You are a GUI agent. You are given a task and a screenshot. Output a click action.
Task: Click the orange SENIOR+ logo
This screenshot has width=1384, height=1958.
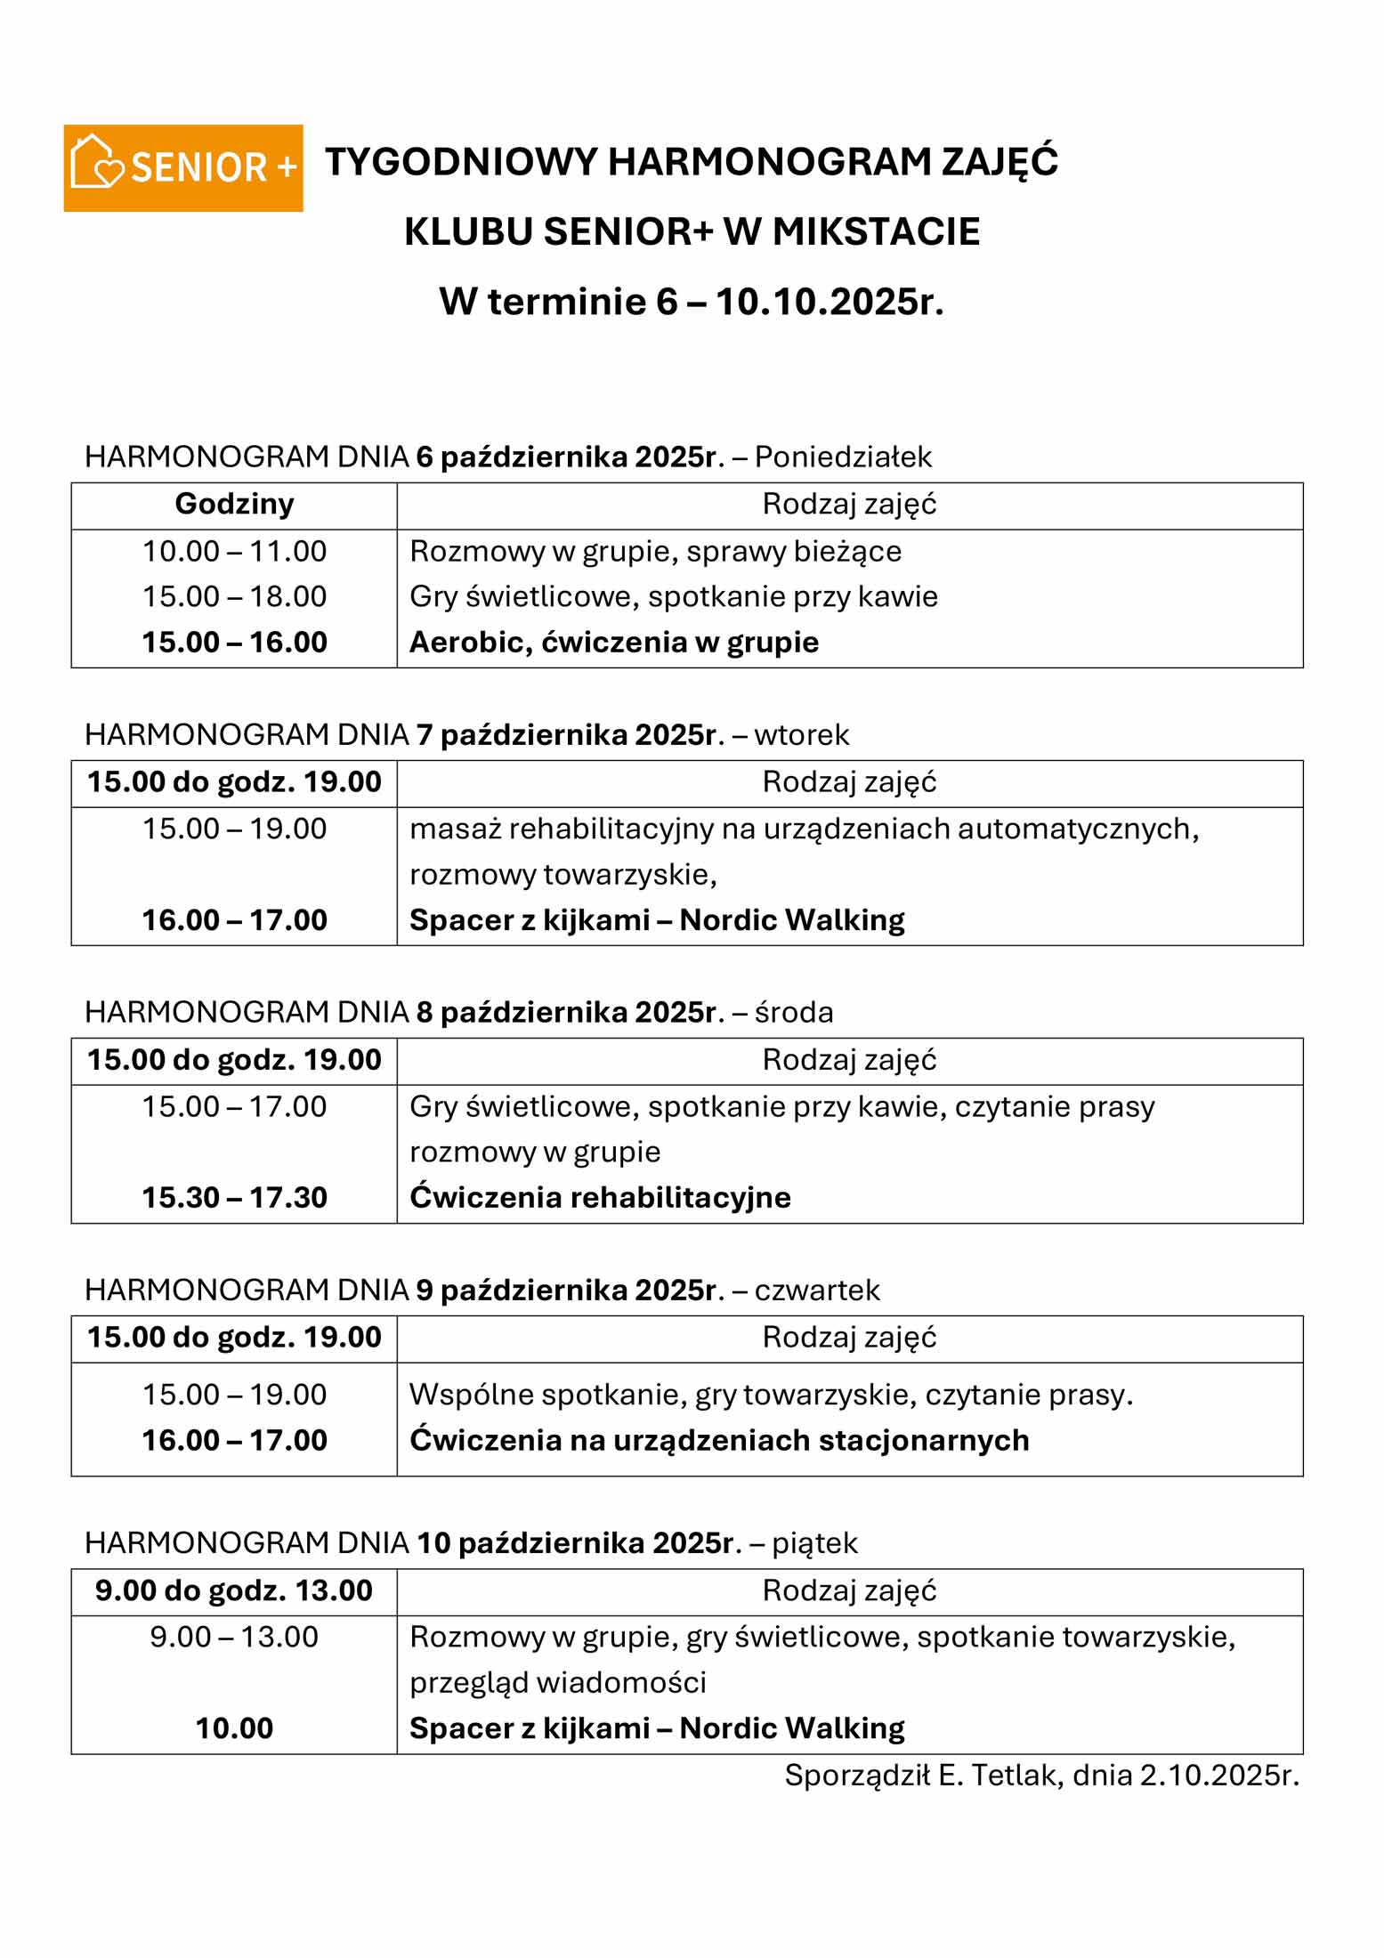[x=182, y=167]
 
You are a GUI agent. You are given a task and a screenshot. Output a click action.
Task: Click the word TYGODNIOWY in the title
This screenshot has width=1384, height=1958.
[x=460, y=162]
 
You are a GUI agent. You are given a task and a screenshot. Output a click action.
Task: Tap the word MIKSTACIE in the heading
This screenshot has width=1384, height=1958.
[x=876, y=231]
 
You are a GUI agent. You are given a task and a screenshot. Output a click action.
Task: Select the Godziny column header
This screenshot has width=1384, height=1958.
[x=234, y=504]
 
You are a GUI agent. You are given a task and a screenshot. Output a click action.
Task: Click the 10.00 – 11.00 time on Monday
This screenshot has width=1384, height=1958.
[x=234, y=551]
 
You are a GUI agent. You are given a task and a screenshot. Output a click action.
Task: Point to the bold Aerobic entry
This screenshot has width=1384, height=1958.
[x=613, y=642]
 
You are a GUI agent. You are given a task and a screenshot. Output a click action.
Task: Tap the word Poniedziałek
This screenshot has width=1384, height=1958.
[x=843, y=457]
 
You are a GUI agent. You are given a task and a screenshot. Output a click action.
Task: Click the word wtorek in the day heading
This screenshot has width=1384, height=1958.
[x=801, y=734]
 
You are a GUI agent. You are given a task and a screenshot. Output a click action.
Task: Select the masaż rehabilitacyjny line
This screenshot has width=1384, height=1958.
[x=804, y=829]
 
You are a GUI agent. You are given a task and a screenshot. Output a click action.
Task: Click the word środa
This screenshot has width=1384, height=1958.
[x=793, y=1012]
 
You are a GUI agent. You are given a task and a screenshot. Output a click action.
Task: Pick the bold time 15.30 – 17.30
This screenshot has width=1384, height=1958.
[x=234, y=1197]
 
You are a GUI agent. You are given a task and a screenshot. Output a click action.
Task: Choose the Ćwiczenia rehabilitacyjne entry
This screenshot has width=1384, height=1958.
[x=600, y=1197]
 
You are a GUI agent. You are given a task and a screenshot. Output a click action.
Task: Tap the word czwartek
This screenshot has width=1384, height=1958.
[x=817, y=1290]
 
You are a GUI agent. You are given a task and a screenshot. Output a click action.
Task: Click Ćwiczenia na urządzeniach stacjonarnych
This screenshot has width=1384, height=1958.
[x=719, y=1440]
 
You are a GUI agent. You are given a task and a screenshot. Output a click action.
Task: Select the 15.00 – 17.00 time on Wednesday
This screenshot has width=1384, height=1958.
[x=234, y=1106]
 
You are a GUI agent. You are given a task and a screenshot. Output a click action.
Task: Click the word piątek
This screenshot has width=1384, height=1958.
[x=813, y=1542]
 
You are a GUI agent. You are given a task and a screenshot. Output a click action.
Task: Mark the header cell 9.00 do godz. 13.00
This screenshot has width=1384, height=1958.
[x=234, y=1590]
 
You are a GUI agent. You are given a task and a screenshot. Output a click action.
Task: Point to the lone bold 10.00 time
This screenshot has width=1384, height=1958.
[x=234, y=1728]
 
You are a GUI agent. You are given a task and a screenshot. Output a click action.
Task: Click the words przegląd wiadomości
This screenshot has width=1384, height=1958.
[x=558, y=1682]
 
